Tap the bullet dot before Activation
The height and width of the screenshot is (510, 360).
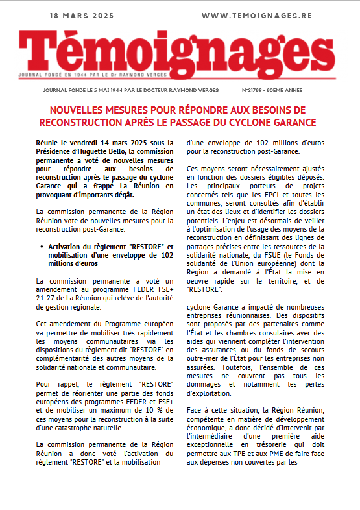[42, 247]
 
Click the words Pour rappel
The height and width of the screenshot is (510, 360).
[54, 384]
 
